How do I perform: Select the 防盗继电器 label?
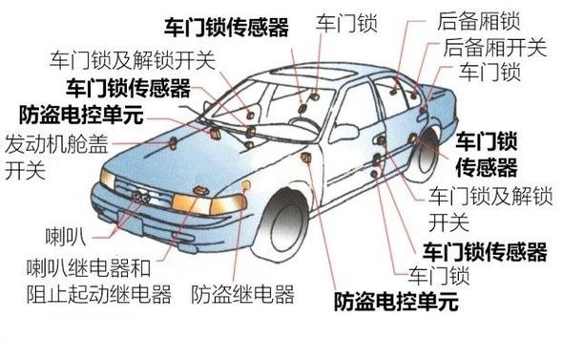(x=242, y=292)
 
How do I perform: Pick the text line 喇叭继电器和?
(x=101, y=266)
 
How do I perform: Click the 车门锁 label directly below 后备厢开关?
(x=489, y=72)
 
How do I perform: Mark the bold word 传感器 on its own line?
(x=486, y=169)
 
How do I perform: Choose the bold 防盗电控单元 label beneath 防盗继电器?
(x=395, y=304)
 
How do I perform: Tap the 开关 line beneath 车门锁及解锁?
(x=448, y=223)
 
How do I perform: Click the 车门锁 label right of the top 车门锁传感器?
(x=342, y=22)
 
